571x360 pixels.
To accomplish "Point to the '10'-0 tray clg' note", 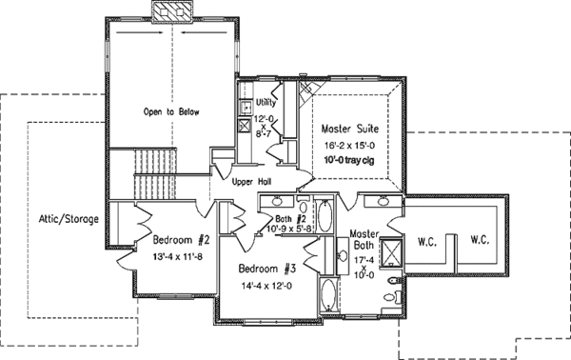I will [351, 160].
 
